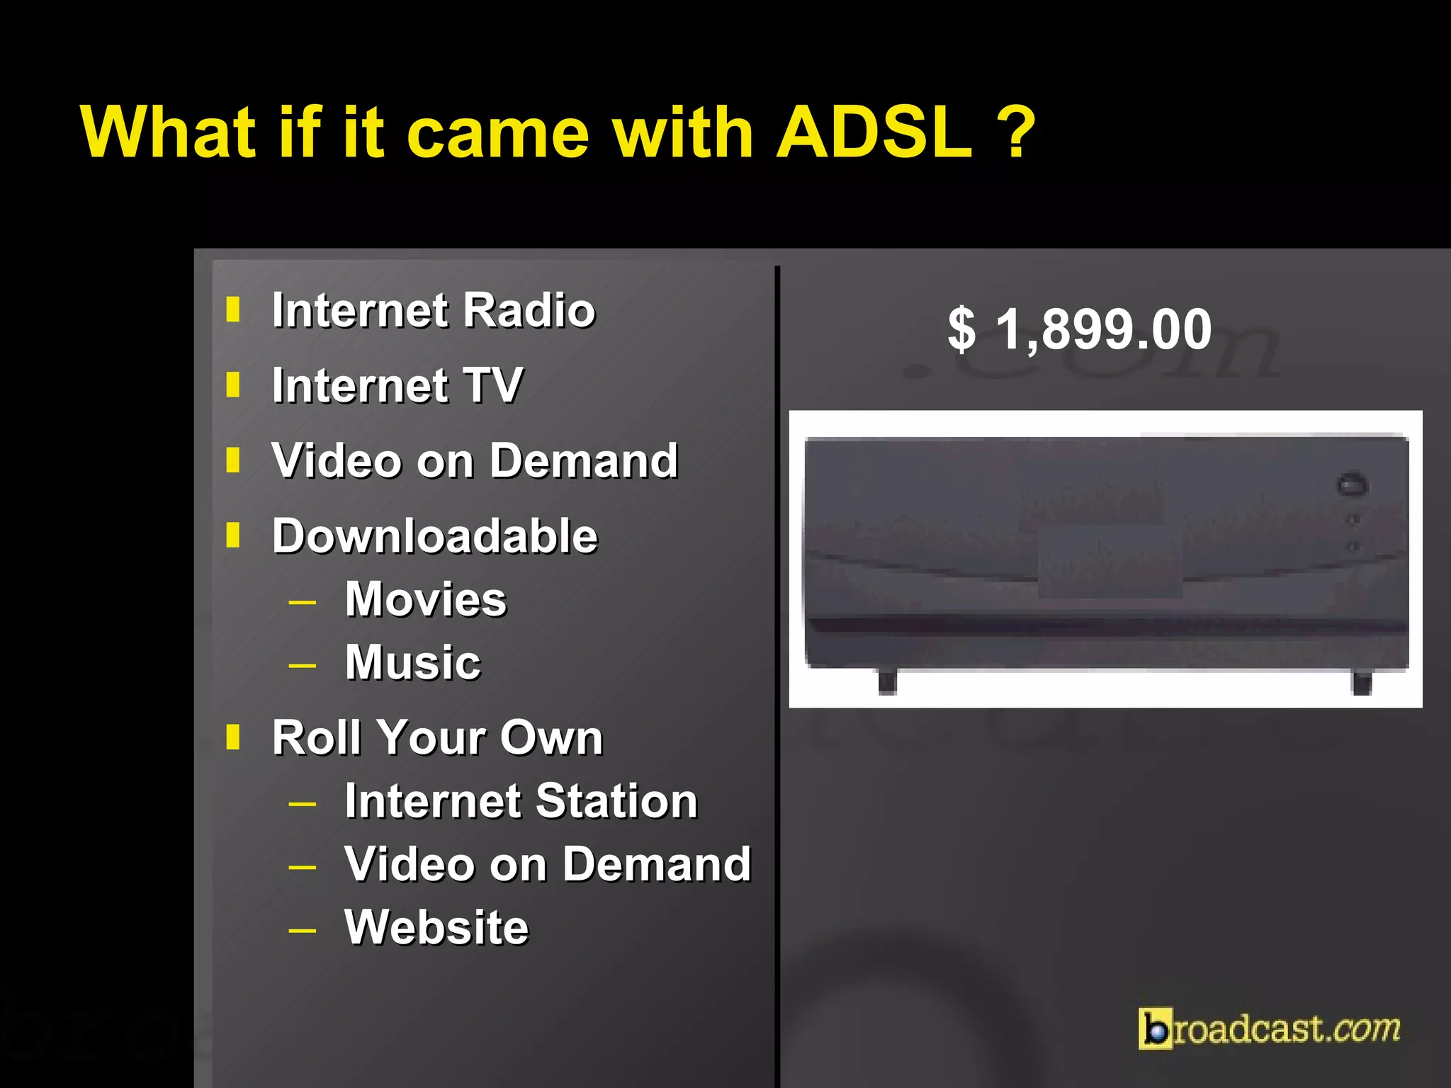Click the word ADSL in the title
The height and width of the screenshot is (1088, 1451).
tap(874, 132)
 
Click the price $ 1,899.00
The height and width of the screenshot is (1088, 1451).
tap(1080, 329)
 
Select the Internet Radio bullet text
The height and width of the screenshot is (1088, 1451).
tap(433, 311)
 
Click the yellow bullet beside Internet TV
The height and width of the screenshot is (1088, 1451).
tap(232, 385)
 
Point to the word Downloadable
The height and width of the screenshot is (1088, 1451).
tap(434, 536)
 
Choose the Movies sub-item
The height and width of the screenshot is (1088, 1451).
tap(426, 599)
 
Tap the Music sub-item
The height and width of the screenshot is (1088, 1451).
tap(412, 663)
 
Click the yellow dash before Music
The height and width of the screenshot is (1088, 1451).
tap(303, 666)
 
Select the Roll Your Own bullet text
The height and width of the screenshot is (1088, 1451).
tap(437, 738)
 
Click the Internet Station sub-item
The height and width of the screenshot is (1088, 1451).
tap(521, 801)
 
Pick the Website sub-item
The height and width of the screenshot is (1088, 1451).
tap(436, 927)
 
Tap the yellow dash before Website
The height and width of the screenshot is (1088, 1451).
tap(303, 930)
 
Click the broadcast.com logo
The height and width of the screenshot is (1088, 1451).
tap(1269, 1028)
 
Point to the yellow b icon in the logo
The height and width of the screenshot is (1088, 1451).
tap(1155, 1028)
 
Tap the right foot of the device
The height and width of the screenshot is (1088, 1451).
tap(1362, 683)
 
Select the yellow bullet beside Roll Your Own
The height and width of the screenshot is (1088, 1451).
tap(232, 737)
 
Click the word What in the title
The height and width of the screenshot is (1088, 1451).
tap(168, 132)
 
